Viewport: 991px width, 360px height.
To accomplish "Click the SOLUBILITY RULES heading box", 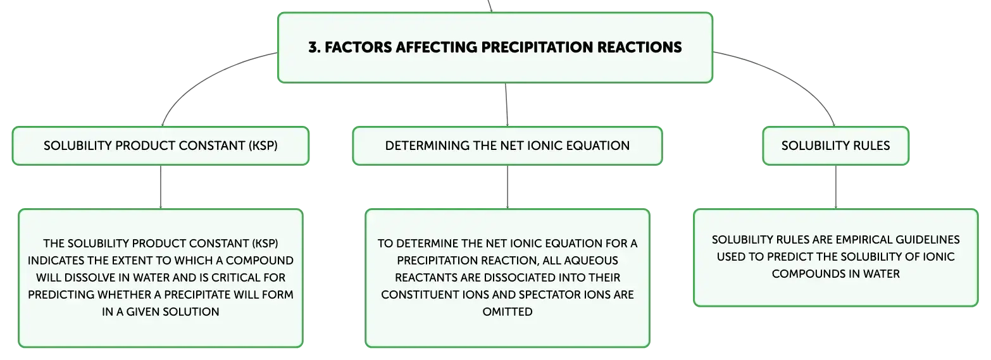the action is [836, 146].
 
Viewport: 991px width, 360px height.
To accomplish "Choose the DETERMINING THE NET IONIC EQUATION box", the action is [508, 146].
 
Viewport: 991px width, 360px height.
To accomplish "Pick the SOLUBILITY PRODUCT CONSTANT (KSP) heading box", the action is [161, 146].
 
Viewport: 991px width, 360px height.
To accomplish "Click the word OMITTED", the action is [508, 312].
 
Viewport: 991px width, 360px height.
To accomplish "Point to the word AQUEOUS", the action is [595, 261].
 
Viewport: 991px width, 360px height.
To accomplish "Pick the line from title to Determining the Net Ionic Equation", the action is [506, 105].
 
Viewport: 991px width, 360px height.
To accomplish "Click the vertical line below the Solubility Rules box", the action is [836, 187].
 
